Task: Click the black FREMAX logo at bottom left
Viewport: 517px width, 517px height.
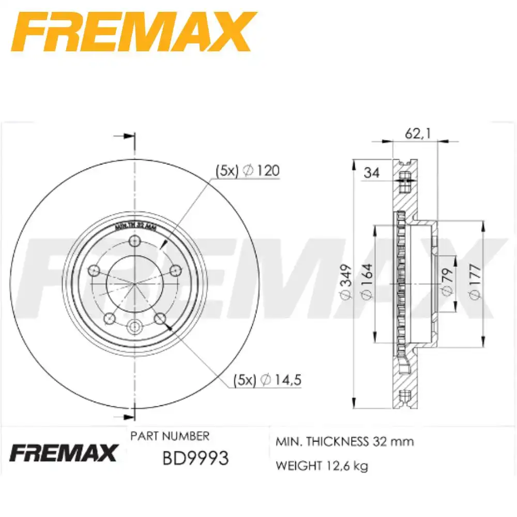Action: click(64, 453)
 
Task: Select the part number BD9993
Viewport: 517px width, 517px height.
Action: click(195, 458)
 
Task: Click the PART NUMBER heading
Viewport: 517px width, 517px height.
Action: click(170, 436)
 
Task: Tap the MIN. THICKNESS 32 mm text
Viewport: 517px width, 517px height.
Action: click(345, 442)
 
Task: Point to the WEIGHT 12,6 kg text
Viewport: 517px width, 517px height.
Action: click(322, 466)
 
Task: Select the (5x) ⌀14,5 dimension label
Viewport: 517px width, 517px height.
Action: click(267, 380)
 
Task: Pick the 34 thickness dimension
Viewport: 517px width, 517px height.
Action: click(371, 173)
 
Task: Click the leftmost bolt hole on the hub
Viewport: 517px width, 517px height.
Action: click(94, 270)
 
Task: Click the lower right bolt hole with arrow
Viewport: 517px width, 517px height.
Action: click(160, 318)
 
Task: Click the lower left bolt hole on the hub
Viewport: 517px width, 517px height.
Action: click(110, 318)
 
